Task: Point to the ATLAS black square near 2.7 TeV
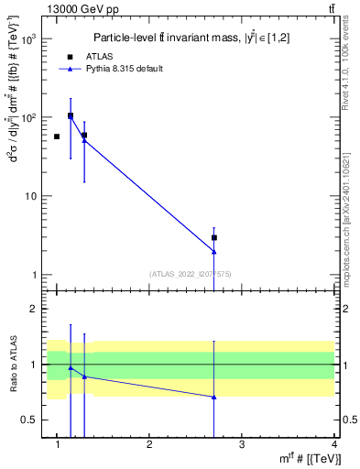[213, 237]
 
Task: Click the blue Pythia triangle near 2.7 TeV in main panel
[213, 251]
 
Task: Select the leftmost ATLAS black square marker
[57, 136]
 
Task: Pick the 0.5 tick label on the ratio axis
[28, 420]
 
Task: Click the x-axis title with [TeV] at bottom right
[312, 459]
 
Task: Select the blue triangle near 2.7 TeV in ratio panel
[213, 397]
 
